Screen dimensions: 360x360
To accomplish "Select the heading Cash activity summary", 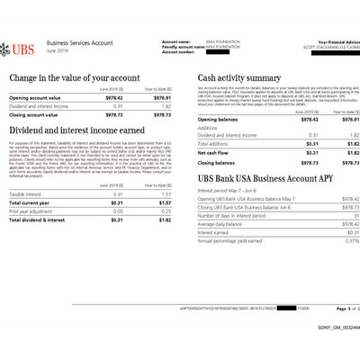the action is coord(239,77).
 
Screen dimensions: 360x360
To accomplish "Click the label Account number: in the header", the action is coord(178,51).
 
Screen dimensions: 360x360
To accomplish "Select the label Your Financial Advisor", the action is coord(333,41).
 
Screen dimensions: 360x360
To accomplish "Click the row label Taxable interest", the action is coord(26,193).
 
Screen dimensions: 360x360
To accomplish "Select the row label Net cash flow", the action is coord(212,153).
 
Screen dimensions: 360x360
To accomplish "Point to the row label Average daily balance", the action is coord(222,224).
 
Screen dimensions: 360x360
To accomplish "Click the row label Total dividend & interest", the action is coord(37,220).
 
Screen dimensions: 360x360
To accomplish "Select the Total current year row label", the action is coord(30,202).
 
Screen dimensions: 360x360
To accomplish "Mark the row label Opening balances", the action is coord(218,119).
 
